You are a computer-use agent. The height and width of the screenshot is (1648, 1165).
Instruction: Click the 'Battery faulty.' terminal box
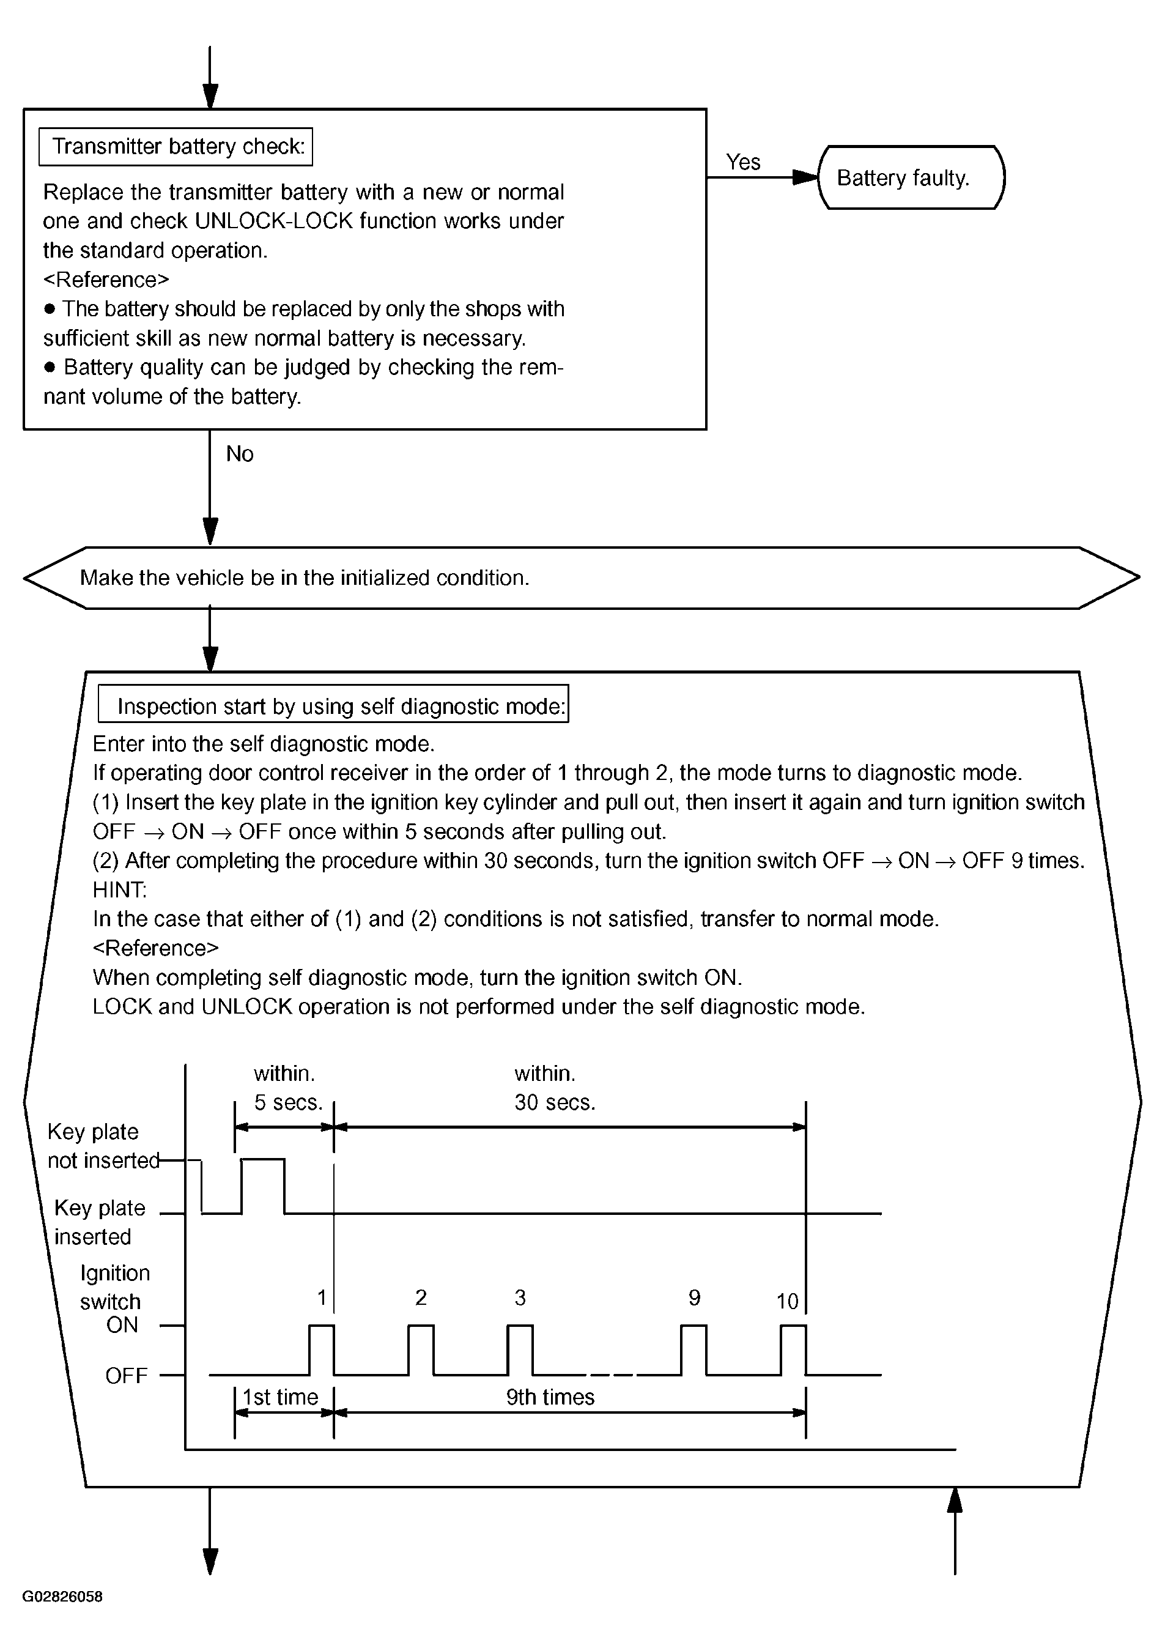911,177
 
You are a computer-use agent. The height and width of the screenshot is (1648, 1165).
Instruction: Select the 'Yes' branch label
742,162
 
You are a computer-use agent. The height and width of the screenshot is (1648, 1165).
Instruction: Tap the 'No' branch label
240,454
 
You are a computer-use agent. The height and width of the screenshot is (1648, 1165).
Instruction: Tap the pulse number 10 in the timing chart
787,1301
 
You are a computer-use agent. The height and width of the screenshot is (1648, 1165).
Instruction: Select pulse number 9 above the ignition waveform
694,1297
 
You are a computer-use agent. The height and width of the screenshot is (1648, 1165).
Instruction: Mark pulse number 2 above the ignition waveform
421,1297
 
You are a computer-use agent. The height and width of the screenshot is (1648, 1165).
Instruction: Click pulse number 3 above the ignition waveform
520,1297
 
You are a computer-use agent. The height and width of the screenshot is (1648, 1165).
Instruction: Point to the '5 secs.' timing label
289,1102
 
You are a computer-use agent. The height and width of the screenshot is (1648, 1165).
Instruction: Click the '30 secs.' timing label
555,1102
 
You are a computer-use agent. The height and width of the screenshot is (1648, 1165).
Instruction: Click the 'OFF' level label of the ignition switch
126,1375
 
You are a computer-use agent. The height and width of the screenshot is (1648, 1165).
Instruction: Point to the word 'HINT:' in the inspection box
120,890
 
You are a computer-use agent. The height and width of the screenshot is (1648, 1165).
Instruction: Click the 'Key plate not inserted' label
103,1146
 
